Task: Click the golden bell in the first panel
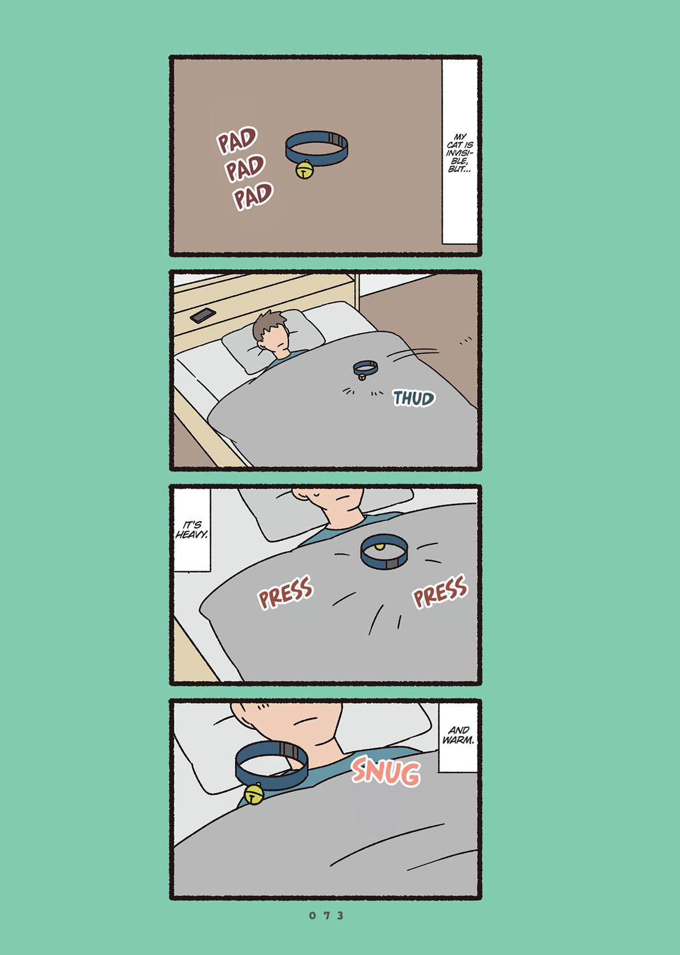[x=304, y=169]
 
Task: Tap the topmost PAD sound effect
[x=237, y=140]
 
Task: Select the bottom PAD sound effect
[x=253, y=196]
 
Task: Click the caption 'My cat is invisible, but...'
[x=460, y=153]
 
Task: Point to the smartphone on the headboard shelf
[x=203, y=316]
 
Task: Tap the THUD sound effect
[x=414, y=398]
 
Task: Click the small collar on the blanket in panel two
[x=365, y=369]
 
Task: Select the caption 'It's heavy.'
[x=192, y=529]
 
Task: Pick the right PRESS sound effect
[x=440, y=591]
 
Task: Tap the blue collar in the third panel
[x=384, y=553]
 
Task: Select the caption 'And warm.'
[x=458, y=735]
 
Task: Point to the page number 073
[x=326, y=915]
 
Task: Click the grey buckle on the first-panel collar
[x=335, y=139]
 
